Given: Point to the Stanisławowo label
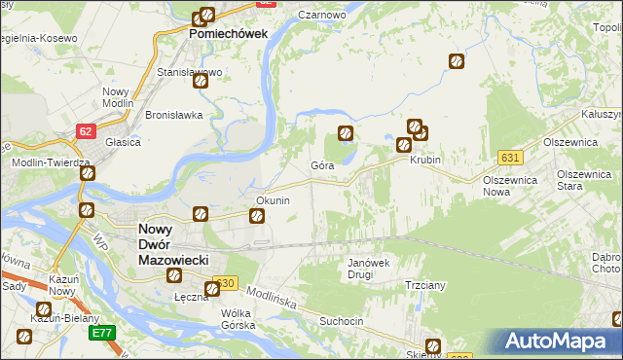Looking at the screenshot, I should (190, 72).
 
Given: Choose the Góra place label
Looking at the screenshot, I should (322, 166).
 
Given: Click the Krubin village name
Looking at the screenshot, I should (425, 160).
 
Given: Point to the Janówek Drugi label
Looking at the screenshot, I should (369, 269).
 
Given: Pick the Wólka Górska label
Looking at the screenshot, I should (238, 319).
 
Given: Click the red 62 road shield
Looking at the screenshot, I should (87, 129).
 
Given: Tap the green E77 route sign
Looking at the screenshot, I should (102, 332).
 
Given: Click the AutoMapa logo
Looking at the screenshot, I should (560, 342).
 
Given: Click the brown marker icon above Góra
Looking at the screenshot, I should (345, 133).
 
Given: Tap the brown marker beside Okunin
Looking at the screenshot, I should (258, 216).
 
